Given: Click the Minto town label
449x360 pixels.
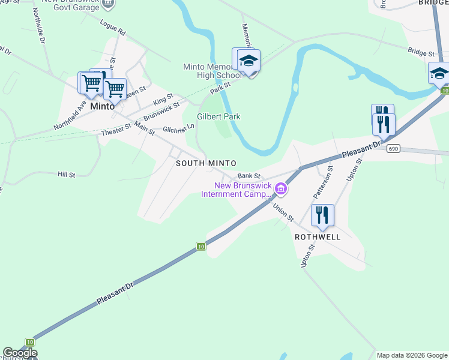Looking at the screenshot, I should pos(102,106).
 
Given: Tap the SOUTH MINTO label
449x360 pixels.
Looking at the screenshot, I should pos(206,163).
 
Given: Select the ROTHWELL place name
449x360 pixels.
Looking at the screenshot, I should pos(318,237).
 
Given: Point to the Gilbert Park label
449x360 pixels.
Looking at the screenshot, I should pos(218,116).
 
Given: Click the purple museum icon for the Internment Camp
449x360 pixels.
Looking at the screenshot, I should pos(281,190).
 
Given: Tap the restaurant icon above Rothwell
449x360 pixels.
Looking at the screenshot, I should pos(322,215).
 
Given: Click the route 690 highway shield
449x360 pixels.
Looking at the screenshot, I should pos(393,149).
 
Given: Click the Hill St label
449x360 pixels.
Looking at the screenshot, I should pos(66,175).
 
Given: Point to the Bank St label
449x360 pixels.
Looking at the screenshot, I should pos(248,176).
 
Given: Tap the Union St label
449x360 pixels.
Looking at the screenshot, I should pos(282,212).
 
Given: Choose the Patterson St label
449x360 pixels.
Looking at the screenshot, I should pos(322,184).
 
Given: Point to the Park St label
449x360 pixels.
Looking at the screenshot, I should pos(220,88).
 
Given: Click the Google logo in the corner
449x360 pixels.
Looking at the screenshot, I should pos(20,353).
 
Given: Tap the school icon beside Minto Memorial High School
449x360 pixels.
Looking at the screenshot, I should pos(249,61).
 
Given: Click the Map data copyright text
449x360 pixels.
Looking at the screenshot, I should pos(412,355).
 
